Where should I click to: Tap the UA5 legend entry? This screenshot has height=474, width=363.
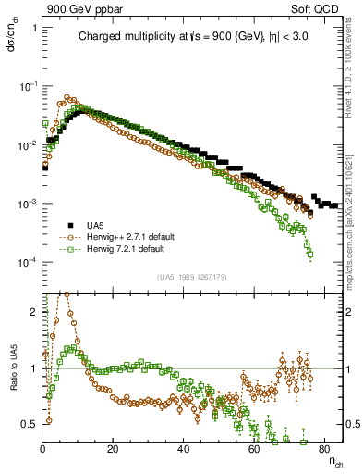click(93, 226)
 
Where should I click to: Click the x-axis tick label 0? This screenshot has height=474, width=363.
click(42, 450)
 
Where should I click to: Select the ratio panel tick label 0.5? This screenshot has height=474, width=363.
click(30, 424)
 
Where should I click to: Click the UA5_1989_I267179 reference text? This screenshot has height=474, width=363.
click(192, 276)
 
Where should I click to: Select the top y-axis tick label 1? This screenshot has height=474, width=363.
click(34, 28)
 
